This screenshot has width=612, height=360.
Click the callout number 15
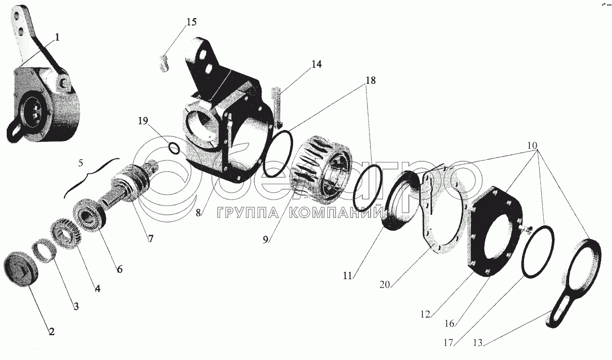click(192, 22)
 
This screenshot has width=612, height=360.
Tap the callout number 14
click(316, 65)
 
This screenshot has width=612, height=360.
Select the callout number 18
click(371, 81)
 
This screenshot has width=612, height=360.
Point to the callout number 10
click(532, 146)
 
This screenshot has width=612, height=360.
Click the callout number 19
click(143, 121)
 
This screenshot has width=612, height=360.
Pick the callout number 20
click(385, 284)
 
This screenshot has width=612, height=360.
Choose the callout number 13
click(477, 343)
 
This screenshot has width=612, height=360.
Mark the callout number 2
click(52, 332)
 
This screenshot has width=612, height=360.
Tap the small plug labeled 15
click(164, 64)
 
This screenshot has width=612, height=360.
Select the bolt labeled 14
click(277, 108)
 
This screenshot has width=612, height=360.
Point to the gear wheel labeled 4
click(66, 235)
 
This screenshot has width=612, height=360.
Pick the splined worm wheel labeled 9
click(322, 171)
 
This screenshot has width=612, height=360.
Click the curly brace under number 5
click(91, 174)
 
